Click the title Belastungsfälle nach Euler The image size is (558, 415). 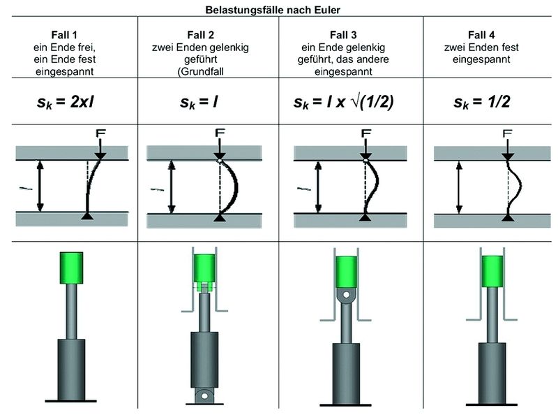(x=273, y=10)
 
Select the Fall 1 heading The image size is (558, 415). (x=64, y=35)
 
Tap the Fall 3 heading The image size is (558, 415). (x=343, y=35)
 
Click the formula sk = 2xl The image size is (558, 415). (x=66, y=102)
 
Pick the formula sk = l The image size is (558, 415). (x=199, y=102)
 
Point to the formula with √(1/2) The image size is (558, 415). (x=343, y=102)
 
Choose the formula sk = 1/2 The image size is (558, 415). (x=481, y=102)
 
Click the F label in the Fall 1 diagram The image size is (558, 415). (x=100, y=133)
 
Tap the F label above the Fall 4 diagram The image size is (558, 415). (x=508, y=133)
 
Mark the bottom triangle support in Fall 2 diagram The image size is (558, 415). (x=220, y=217)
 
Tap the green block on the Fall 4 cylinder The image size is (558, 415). (x=492, y=271)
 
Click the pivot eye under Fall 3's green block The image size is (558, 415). (x=346, y=295)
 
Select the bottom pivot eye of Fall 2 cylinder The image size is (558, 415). (x=204, y=395)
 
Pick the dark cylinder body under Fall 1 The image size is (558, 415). (x=71, y=370)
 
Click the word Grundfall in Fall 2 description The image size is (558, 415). (x=202, y=72)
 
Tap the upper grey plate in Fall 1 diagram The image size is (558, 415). (x=72, y=152)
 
